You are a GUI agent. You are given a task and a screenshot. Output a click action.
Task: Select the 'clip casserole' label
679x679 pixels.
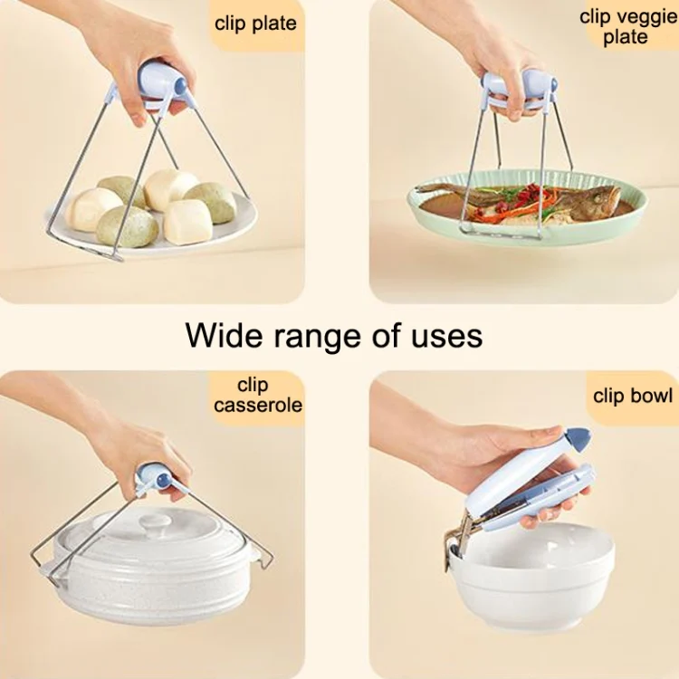[258, 395]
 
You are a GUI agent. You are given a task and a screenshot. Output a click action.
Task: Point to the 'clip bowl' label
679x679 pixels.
[633, 396]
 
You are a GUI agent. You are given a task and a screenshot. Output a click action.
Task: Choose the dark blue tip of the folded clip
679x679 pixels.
[576, 441]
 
